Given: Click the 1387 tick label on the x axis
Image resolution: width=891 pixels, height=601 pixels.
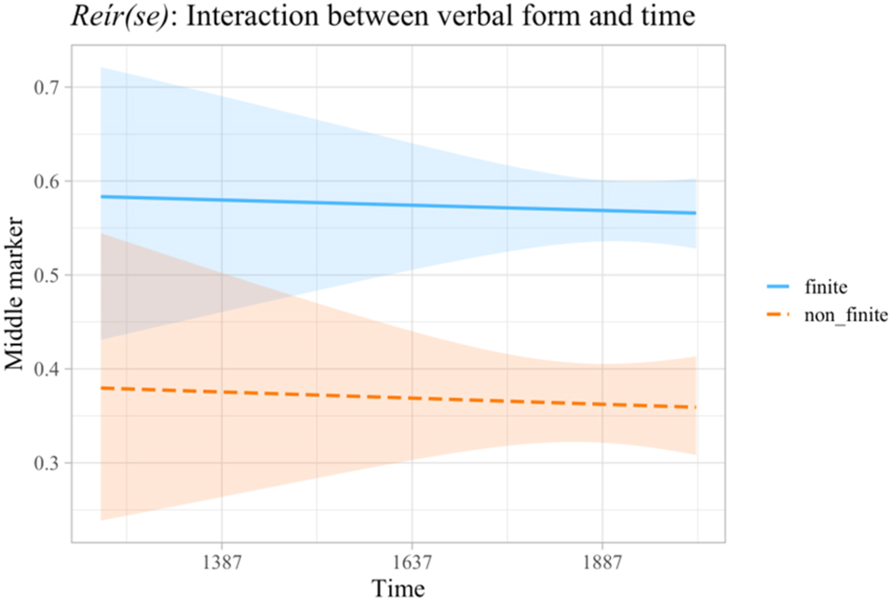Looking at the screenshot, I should (221, 561).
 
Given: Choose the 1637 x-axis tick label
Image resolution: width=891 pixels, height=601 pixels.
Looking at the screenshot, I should (412, 561).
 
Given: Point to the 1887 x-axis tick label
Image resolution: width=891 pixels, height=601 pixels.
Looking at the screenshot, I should (602, 561).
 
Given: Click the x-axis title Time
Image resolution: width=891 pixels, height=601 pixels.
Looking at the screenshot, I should (398, 588).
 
